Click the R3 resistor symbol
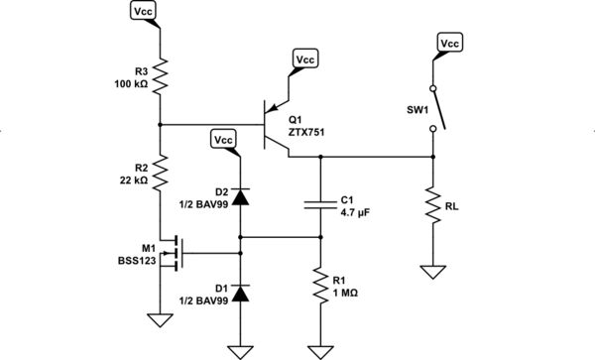coord(160,74)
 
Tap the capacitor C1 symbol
coord(320,205)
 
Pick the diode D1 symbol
coord(240,293)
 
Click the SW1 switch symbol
coord(436,111)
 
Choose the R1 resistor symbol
coord(320,289)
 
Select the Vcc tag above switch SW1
coord(449,44)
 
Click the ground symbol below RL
coord(433,270)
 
